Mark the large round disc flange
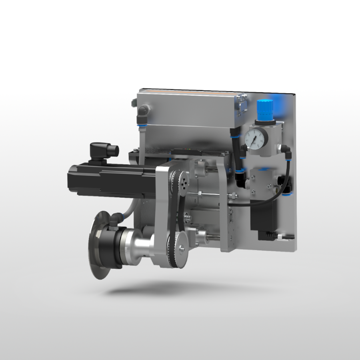point(96,244)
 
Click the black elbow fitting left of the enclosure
point(142,114)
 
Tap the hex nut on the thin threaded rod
point(232,197)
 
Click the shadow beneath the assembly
point(168,288)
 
